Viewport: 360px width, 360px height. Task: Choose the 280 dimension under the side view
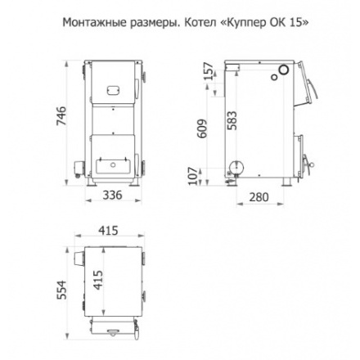(259, 197)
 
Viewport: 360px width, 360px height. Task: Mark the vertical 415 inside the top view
(98, 284)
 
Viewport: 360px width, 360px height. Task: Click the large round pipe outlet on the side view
(236, 167)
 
